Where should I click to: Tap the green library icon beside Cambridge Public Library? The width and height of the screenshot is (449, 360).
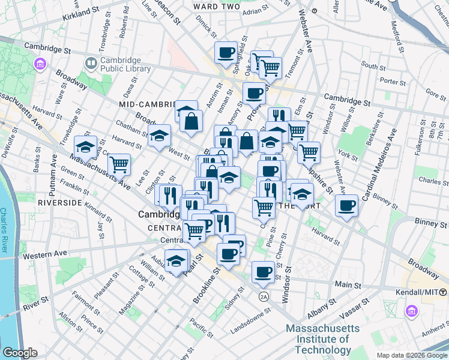click(91, 62)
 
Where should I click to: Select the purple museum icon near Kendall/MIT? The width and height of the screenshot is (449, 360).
click(411, 311)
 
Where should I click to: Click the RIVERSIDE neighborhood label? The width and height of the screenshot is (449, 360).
click(59, 203)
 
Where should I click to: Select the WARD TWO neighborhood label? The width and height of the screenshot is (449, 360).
click(217, 6)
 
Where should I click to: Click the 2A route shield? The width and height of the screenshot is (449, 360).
click(264, 297)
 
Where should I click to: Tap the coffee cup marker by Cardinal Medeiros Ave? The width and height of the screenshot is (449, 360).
click(347, 206)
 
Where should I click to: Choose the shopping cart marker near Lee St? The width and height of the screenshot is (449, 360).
click(119, 163)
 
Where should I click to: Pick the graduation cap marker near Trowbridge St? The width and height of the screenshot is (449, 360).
click(85, 146)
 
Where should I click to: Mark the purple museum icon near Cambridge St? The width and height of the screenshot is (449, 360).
click(41, 64)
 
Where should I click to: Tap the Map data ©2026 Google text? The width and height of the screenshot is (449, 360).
click(412, 355)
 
